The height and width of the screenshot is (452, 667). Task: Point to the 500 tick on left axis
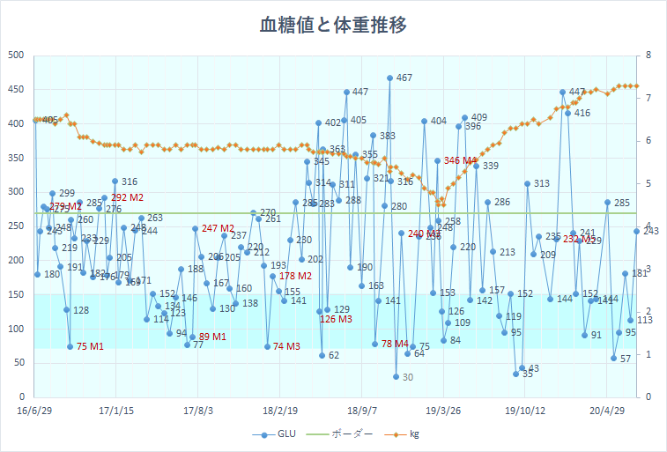pyautogui.click(x=16, y=56)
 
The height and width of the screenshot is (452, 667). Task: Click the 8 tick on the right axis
pyautogui.click(x=648, y=56)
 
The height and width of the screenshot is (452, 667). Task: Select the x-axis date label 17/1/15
pyautogui.click(x=115, y=410)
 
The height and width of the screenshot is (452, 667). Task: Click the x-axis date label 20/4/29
pyautogui.click(x=607, y=410)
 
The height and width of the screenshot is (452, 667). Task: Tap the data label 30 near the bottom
pyautogui.click(x=407, y=377)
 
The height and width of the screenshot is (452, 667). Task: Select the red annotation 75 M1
pyautogui.click(x=90, y=345)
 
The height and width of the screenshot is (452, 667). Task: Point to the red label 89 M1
pyautogui.click(x=212, y=337)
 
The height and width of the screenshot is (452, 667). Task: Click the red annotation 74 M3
pyautogui.click(x=287, y=346)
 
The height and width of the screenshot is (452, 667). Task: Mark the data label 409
pyautogui.click(x=478, y=117)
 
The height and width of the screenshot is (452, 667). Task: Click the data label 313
pyautogui.click(x=541, y=184)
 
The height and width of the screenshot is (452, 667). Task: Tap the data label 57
pyautogui.click(x=625, y=359)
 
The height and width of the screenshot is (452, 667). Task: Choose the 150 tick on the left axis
pyautogui.click(x=16, y=294)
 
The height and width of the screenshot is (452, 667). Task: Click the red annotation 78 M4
pyautogui.click(x=395, y=344)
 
